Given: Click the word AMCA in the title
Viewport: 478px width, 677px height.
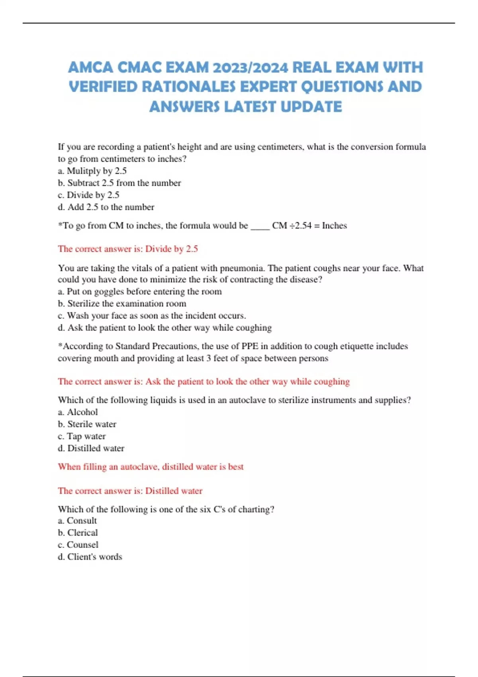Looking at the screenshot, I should point(90,67).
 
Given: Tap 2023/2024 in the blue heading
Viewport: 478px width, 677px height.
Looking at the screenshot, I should point(250,67).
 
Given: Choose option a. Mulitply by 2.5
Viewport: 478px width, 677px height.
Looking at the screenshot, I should point(92,171).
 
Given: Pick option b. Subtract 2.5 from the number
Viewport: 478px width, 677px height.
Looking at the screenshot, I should point(119,183).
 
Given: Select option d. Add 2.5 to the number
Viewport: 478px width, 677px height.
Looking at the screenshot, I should point(106,207).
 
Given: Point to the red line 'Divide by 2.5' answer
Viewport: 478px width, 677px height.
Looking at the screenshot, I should point(128,249).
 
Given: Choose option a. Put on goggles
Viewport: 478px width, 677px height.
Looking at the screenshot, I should point(139,292).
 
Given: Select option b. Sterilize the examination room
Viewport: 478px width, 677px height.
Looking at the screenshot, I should point(122,303).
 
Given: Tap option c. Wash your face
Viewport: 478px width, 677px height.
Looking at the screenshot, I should point(152,315).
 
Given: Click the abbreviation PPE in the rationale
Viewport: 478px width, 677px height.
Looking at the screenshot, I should point(250,346).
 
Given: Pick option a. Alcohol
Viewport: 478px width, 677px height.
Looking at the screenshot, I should point(78,412).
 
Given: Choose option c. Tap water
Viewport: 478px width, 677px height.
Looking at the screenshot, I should point(82,436).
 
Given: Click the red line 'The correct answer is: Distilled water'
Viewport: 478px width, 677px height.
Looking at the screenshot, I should point(130,491).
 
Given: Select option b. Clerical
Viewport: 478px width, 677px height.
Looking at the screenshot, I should point(78,532).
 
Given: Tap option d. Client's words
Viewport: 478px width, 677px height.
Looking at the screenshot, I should point(90,557).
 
